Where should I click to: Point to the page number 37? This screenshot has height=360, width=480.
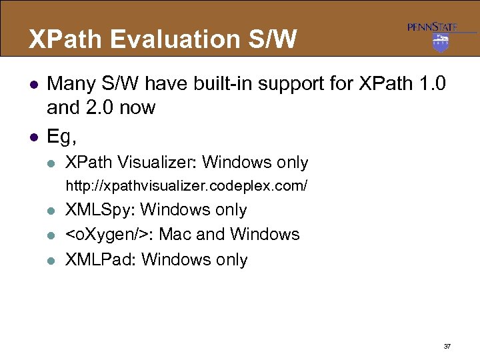coord(446,347)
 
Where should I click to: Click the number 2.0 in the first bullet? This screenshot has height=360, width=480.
coord(104,107)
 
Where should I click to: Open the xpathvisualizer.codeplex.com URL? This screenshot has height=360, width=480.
coord(186,186)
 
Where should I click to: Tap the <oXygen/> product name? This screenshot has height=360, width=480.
coord(107,235)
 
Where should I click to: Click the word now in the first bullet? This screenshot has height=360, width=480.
coord(137,107)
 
